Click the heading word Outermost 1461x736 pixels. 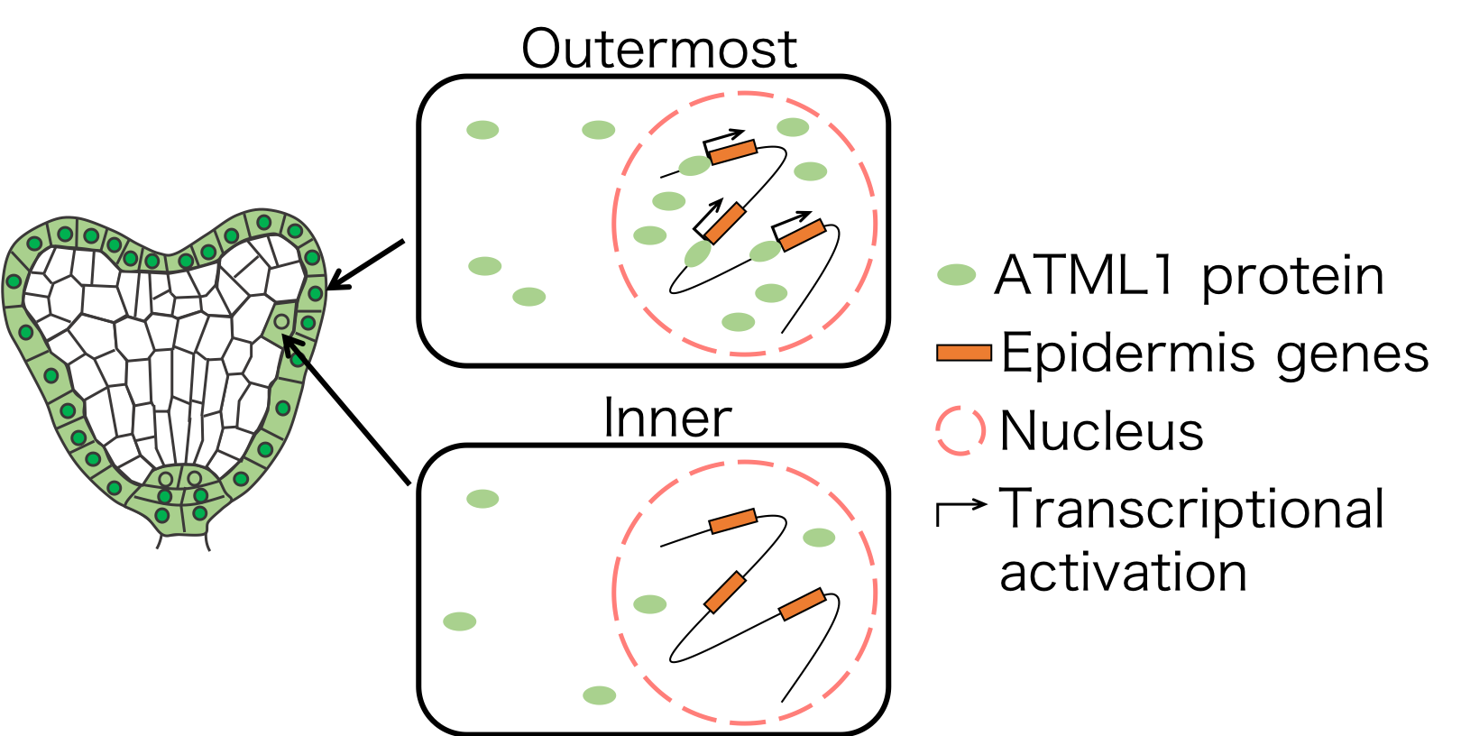(659, 49)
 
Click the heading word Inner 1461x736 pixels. (666, 419)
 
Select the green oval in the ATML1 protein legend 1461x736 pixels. (957, 275)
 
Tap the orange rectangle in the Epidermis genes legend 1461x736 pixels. (964, 353)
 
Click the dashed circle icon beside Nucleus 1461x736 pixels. (960, 431)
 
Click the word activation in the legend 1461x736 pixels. (1124, 572)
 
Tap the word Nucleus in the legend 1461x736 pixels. (1101, 431)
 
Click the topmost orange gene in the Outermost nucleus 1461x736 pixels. (732, 152)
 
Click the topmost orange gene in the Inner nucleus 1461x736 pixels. (732, 521)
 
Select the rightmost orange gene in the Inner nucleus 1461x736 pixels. (802, 603)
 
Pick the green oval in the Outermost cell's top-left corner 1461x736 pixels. (482, 130)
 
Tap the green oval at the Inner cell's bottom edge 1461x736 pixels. (600, 695)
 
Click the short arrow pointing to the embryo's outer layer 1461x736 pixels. (365, 265)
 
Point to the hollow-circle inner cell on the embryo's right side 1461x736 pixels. (281, 322)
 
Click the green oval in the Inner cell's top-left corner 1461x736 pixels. (482, 499)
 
